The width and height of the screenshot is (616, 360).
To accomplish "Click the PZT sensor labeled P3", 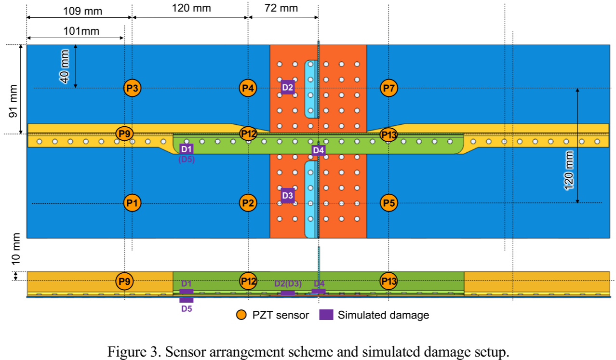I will (133, 88).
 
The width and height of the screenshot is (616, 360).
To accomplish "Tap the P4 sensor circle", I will (248, 88).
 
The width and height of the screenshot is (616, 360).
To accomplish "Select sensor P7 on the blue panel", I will (388, 88).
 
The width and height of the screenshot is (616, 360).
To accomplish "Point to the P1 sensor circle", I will (133, 203).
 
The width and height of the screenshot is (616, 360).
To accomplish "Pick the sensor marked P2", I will (248, 203).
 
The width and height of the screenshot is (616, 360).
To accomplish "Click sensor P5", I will (388, 203).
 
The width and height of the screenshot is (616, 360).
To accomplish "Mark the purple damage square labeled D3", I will (287, 196).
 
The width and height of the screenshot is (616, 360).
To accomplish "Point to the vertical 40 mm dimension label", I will (65, 67).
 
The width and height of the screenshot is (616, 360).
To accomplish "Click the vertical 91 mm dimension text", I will (13, 101).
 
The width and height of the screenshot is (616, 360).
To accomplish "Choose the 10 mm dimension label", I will (15, 249).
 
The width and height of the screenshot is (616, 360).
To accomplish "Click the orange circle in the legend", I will (241, 315).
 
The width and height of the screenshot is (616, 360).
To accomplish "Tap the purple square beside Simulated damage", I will (326, 315).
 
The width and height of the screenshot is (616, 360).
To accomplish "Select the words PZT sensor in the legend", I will (281, 315).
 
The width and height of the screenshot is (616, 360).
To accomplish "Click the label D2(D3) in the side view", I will (288, 283).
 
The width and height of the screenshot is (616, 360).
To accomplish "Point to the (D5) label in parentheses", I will (187, 160).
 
